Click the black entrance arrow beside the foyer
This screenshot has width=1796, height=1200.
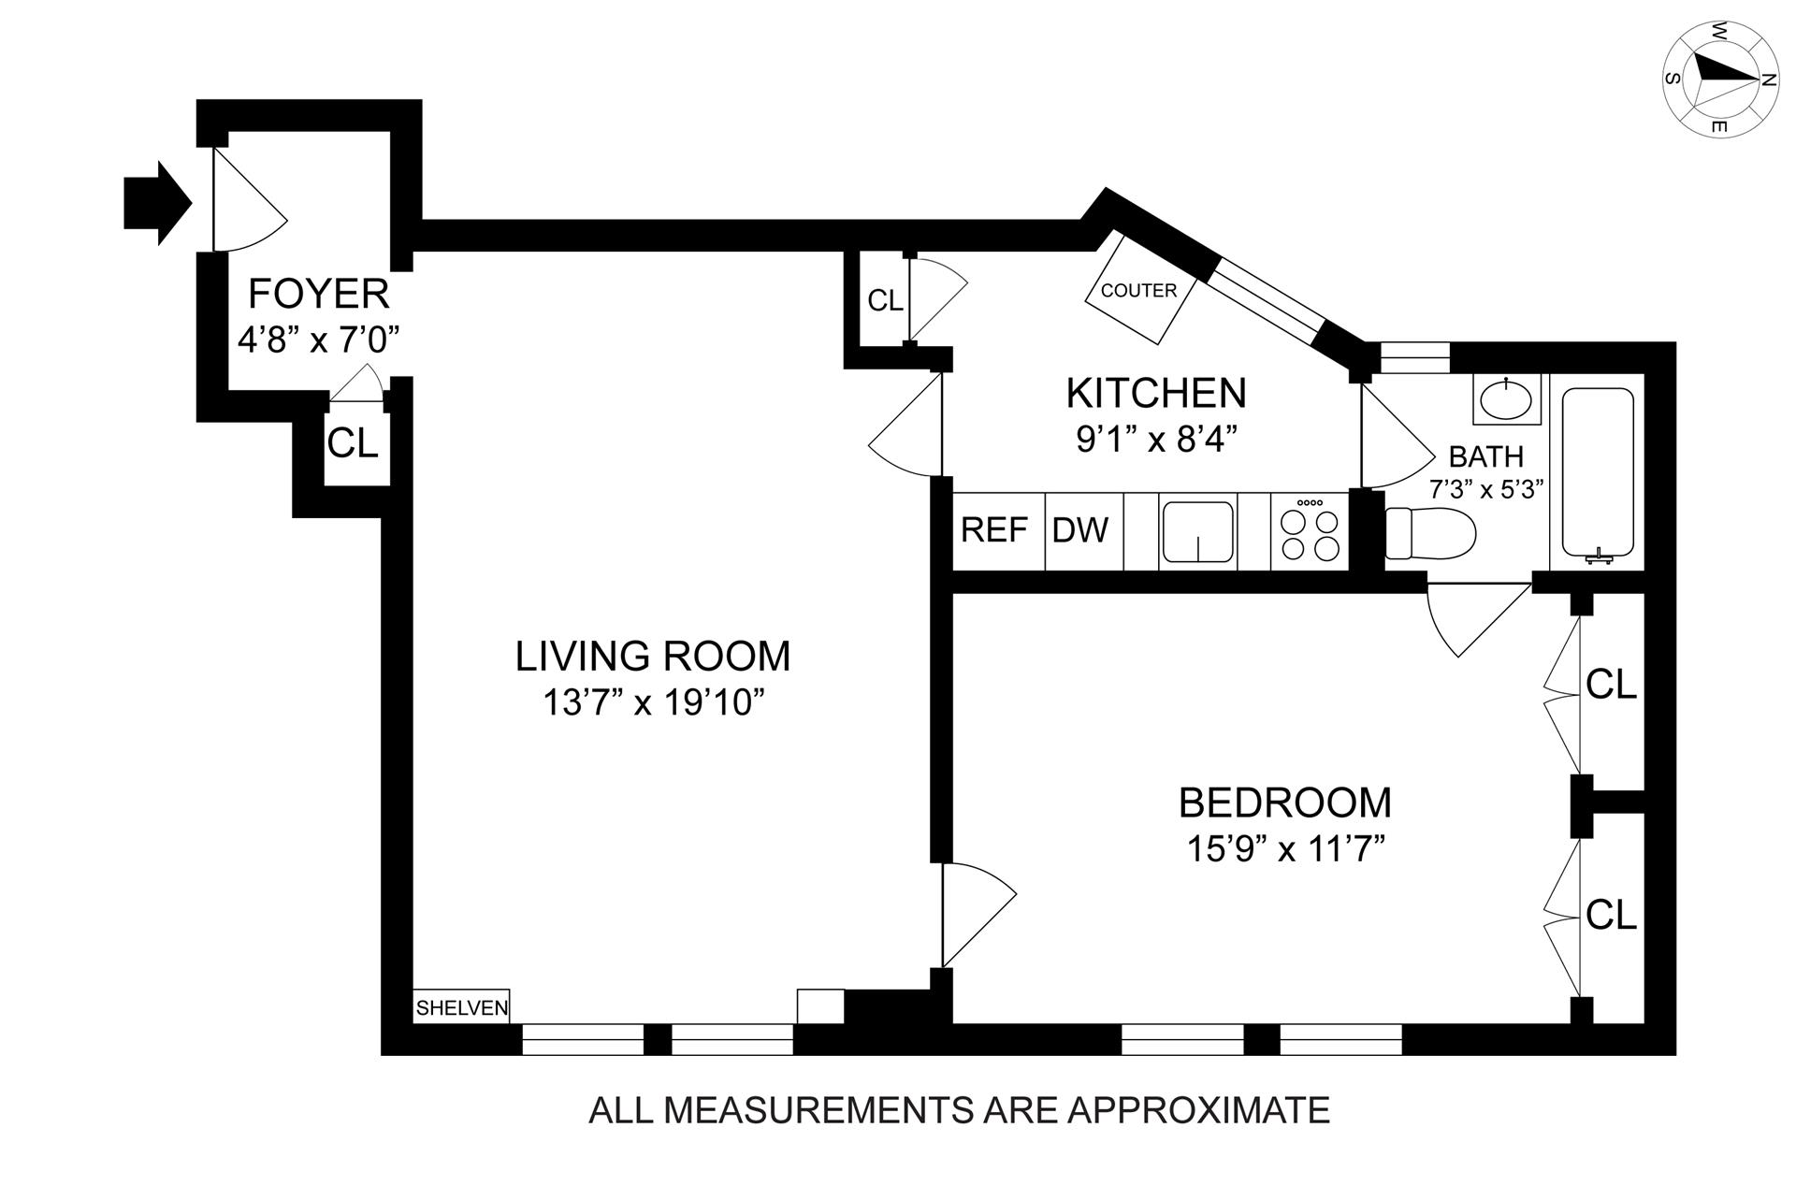coord(157,203)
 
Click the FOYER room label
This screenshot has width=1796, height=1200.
coord(318,294)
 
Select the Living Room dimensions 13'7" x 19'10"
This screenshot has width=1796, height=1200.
coord(648,701)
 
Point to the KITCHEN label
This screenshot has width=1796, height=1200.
coord(1156,393)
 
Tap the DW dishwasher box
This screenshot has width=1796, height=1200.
coord(1083,530)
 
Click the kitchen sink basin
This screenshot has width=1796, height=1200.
coord(1198,531)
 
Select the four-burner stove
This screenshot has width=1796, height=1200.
coord(1310,530)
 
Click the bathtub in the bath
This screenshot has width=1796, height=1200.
coord(1598,472)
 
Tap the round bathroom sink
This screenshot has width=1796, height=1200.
coord(1506,399)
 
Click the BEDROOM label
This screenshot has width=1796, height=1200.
coord(1284,802)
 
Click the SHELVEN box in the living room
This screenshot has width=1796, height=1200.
coord(462,1006)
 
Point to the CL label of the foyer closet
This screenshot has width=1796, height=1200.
coord(353,442)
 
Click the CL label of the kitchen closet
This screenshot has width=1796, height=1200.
coord(886,300)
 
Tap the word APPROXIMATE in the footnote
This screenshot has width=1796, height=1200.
coord(1199,1110)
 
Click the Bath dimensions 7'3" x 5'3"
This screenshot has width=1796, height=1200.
coord(1485,488)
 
